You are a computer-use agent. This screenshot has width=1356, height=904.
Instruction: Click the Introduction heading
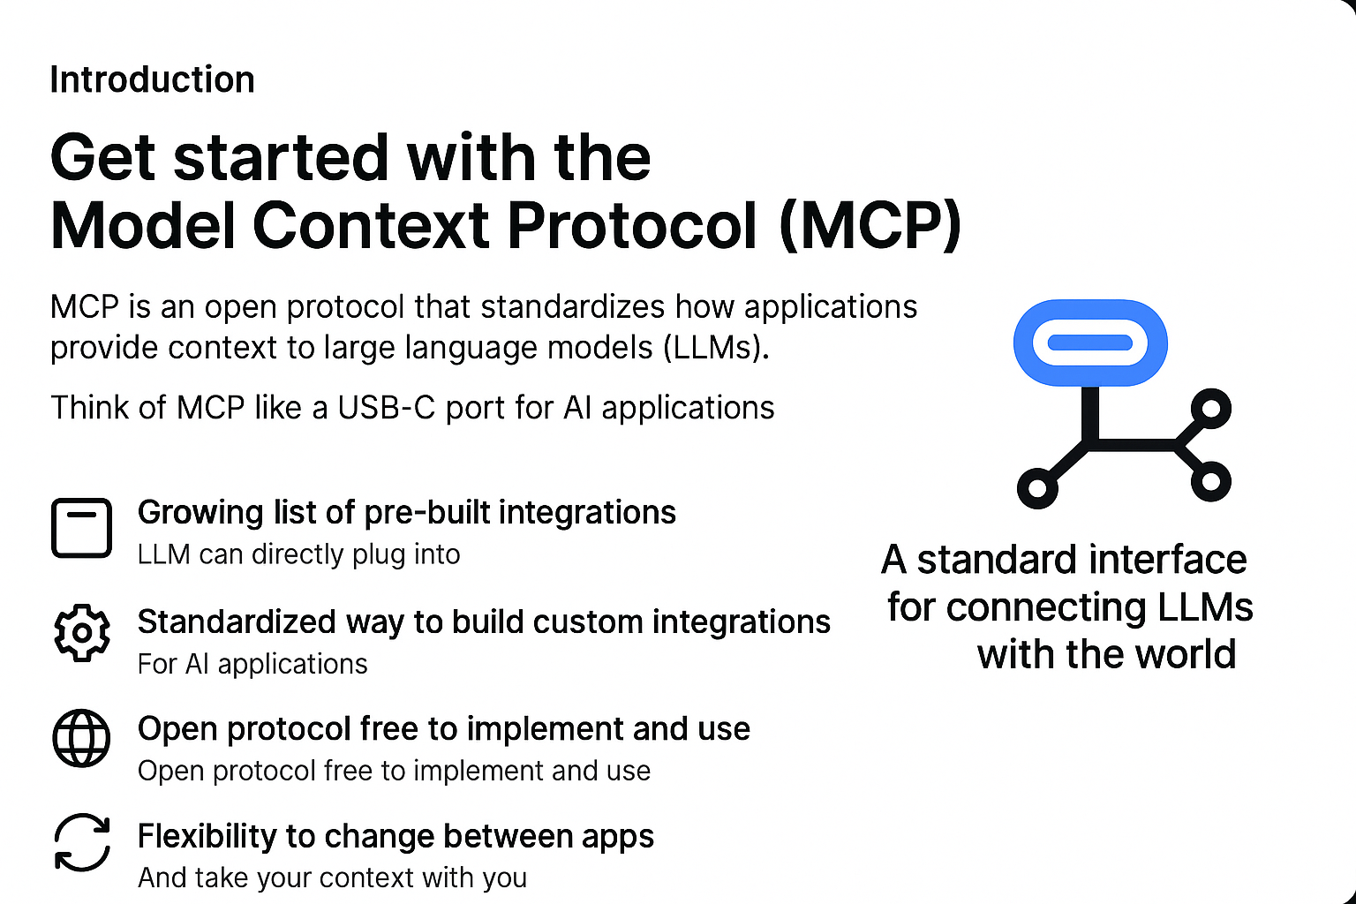tap(152, 79)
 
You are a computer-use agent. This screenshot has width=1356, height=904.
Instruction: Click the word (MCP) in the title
tap(870, 226)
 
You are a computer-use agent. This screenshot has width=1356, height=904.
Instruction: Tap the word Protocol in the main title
tap(632, 226)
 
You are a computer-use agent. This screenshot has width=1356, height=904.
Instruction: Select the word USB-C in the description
tap(386, 407)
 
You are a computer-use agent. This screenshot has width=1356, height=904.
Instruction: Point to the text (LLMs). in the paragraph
tap(716, 348)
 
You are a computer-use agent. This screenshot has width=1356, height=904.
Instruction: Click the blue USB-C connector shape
tap(1090, 343)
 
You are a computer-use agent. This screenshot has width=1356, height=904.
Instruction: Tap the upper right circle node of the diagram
tap(1210, 409)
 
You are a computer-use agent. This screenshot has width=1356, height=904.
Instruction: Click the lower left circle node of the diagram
tap(1037, 488)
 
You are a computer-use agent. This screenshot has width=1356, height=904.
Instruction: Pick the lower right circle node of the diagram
tap(1210, 482)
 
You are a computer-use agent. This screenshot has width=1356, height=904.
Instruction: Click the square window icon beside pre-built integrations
tap(82, 527)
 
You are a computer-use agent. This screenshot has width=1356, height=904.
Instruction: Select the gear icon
tap(82, 633)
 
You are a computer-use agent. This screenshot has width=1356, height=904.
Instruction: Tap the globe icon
tap(81, 738)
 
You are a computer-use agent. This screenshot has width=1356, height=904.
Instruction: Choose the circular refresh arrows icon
tap(82, 842)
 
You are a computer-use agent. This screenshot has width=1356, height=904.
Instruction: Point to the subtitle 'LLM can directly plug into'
tap(299, 554)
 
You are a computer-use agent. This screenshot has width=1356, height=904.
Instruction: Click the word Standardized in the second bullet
tap(237, 621)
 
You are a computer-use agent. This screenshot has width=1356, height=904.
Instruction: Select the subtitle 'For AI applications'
tap(252, 664)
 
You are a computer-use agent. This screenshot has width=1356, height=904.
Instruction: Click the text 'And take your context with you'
tap(332, 878)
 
